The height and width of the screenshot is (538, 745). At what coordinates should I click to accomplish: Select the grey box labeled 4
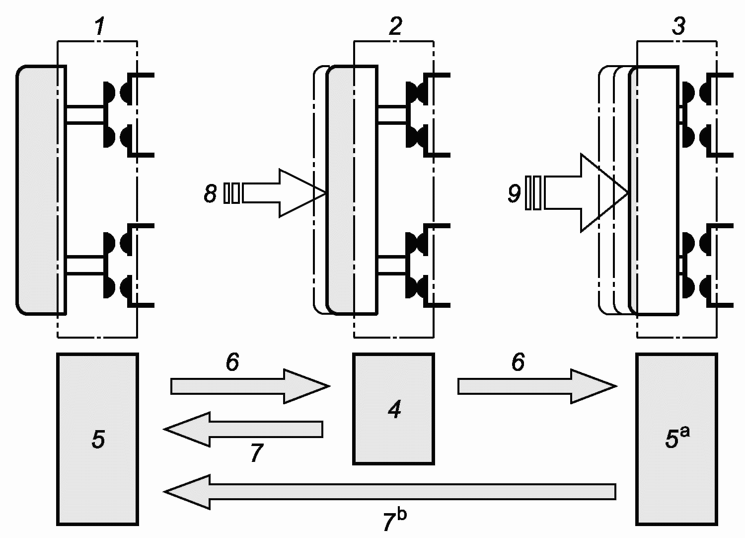pyautogui.click(x=393, y=409)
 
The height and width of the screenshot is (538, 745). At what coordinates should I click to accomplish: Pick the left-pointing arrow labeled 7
pyautogui.click(x=243, y=429)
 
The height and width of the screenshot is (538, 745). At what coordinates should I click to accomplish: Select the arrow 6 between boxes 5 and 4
pyautogui.click(x=250, y=386)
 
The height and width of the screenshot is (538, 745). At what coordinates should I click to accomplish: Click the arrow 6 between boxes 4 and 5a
pyautogui.click(x=537, y=386)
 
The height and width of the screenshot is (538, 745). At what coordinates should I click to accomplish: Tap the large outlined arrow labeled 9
pyautogui.click(x=586, y=193)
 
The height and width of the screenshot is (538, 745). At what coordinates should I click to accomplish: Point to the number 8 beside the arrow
pyautogui.click(x=210, y=193)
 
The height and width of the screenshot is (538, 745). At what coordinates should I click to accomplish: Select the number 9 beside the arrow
pyautogui.click(x=514, y=193)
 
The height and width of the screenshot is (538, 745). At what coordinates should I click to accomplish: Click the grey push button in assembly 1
pyautogui.click(x=41, y=190)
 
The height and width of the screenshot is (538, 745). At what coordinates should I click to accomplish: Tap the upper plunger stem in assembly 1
pyautogui.click(x=85, y=115)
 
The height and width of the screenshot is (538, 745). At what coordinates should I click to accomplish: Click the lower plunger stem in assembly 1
pyautogui.click(x=85, y=266)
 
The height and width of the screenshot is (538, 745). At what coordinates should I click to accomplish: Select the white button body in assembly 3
pyautogui.click(x=654, y=190)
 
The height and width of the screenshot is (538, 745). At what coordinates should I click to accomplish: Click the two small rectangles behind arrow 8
pyautogui.click(x=231, y=193)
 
